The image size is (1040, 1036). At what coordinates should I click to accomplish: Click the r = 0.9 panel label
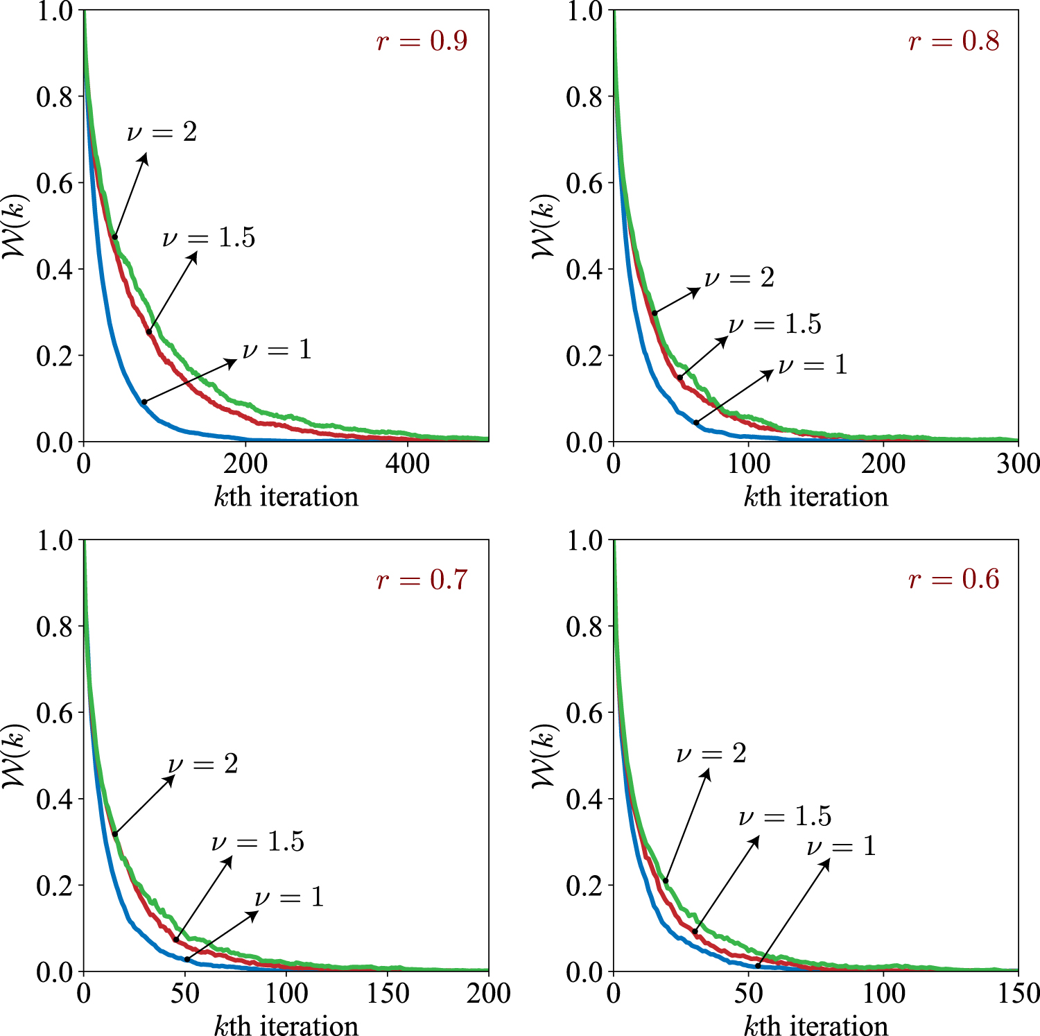point(422,41)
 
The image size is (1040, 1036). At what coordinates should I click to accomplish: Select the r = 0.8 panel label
point(953,41)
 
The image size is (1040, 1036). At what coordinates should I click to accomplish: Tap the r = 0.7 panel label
point(422,579)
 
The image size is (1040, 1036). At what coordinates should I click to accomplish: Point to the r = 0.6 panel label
point(953,579)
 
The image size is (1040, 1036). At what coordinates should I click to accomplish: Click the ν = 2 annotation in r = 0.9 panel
point(162,131)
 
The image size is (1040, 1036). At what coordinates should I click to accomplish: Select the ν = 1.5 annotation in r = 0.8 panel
point(774,324)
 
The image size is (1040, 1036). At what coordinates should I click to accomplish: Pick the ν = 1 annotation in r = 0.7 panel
point(289,897)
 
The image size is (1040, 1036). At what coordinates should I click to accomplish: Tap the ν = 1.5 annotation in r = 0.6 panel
point(785,816)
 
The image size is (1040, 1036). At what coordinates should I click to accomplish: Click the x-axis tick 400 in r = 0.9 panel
point(408,463)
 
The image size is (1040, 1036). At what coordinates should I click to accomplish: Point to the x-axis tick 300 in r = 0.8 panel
point(1017,463)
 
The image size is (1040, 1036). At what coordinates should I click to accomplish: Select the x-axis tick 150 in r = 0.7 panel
point(388,993)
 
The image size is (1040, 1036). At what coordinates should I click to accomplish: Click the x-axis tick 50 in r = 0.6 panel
point(749,993)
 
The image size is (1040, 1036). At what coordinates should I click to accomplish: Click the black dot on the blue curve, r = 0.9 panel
point(144,402)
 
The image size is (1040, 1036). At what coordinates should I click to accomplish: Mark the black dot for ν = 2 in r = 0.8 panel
point(655,313)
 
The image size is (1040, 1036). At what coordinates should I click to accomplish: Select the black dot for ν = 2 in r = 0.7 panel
point(114,834)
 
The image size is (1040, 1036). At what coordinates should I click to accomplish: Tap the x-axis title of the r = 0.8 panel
point(815,497)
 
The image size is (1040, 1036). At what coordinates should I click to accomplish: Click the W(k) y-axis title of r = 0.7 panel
point(15,755)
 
